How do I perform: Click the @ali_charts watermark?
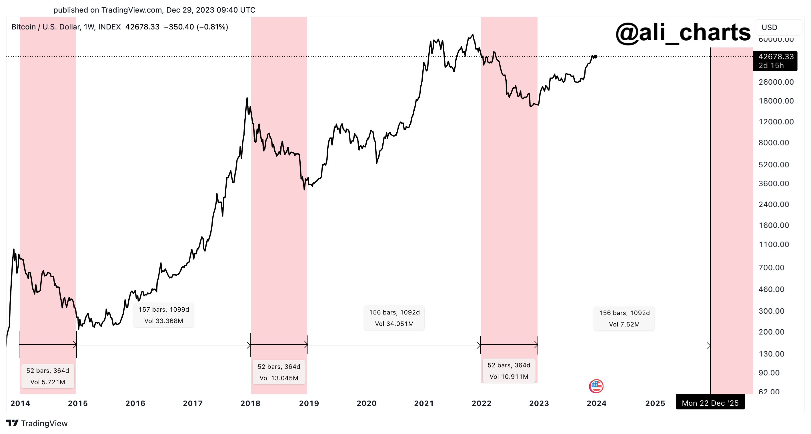683,33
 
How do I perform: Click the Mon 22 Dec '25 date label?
710,403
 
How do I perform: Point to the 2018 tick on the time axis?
250,403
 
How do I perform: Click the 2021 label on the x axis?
424,403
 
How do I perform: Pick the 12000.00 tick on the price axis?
776,122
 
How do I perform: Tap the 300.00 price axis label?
771,311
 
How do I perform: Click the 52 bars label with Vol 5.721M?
48,376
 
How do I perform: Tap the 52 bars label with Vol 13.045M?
279,372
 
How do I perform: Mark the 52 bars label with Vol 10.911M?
509,371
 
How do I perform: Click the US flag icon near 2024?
596,386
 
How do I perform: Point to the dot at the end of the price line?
595,57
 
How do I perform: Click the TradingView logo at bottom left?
37,423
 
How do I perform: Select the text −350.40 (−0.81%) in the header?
196,27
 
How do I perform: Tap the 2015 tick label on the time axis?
78,403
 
